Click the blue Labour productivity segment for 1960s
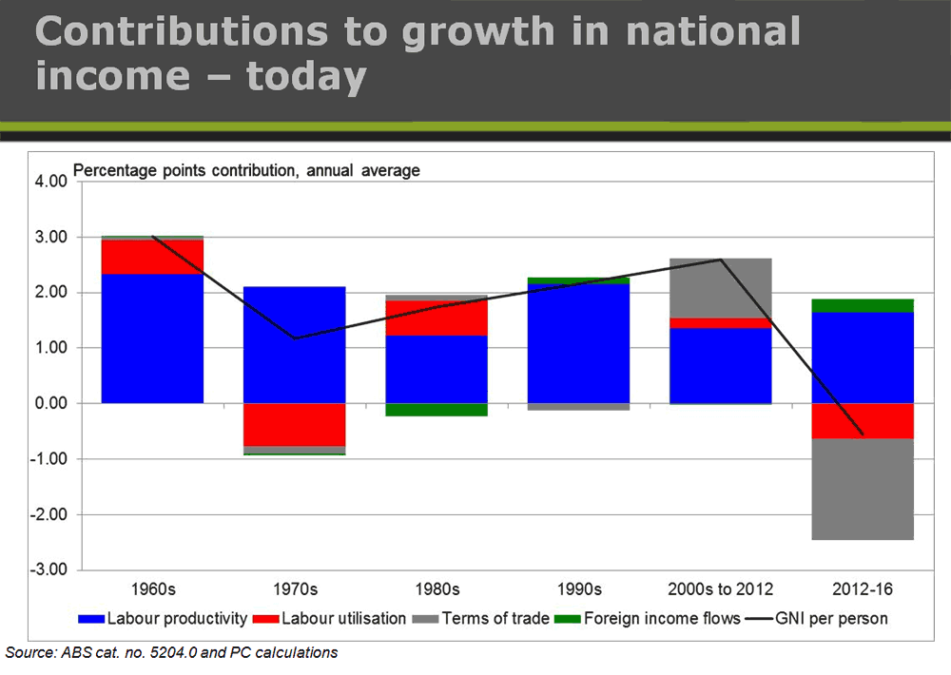[x=152, y=337]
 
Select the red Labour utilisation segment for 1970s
[x=295, y=424]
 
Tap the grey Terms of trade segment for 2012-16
[x=863, y=489]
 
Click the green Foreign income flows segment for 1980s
[x=437, y=410]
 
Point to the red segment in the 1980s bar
[x=437, y=318]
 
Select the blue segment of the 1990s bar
[x=579, y=342]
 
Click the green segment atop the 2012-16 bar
[x=863, y=305]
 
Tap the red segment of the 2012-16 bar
[x=863, y=420]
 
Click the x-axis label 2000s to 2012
[x=721, y=589]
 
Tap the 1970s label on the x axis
[x=295, y=589]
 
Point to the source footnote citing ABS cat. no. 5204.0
[x=171, y=652]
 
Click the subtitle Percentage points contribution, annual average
[x=246, y=171]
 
